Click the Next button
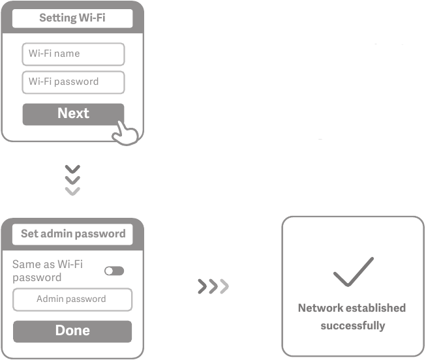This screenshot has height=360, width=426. pos(73,114)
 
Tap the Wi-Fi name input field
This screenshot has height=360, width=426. pos(73,54)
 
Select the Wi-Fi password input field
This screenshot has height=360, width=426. pos(73,82)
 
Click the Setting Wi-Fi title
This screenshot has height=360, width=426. pos(72,18)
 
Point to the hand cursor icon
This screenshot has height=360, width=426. pos(125,132)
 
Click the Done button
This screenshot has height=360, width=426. pos(72,331)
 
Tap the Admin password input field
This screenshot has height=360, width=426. pos(72,299)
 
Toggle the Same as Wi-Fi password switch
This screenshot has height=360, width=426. pos(114,271)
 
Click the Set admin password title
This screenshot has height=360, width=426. pos(73,233)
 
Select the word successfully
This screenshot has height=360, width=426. pos(353,326)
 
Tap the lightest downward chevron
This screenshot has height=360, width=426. pos(72,191)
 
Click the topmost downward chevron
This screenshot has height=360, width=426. pos(72,169)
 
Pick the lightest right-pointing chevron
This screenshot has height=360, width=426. pos(224,286)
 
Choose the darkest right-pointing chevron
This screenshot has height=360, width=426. pos(202,286)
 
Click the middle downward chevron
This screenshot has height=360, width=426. pos(72,180)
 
